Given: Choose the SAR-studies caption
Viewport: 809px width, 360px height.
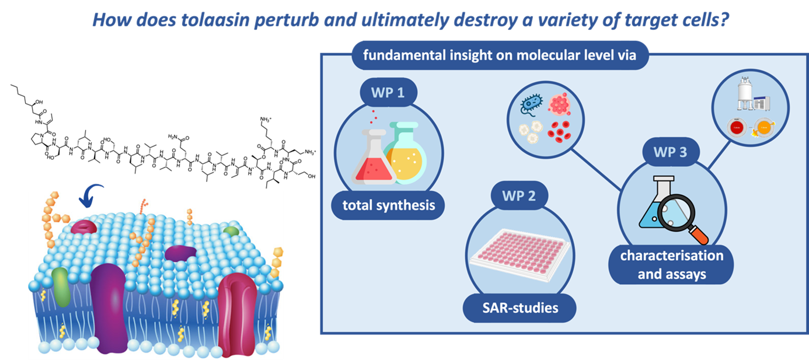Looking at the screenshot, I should (x=519, y=307).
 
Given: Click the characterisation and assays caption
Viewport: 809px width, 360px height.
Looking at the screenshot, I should (x=671, y=264).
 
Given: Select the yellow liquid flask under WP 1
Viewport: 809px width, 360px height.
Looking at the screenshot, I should (x=406, y=153).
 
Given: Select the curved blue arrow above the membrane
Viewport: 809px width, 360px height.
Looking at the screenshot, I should (x=92, y=195).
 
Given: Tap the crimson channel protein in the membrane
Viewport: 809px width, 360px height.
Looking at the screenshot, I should (x=236, y=312).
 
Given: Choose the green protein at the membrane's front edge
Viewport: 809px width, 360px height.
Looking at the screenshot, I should (x=61, y=287).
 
